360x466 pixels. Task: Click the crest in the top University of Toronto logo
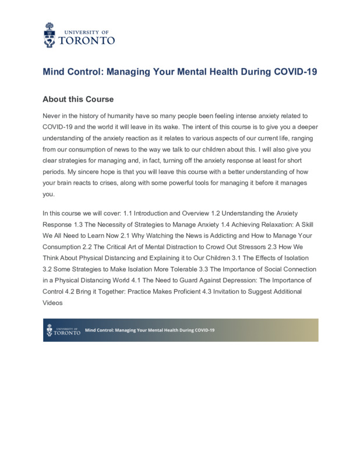click(50, 34)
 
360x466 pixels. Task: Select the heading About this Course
click(78, 99)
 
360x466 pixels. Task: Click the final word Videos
click(52, 303)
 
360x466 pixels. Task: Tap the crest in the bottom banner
click(50, 330)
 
